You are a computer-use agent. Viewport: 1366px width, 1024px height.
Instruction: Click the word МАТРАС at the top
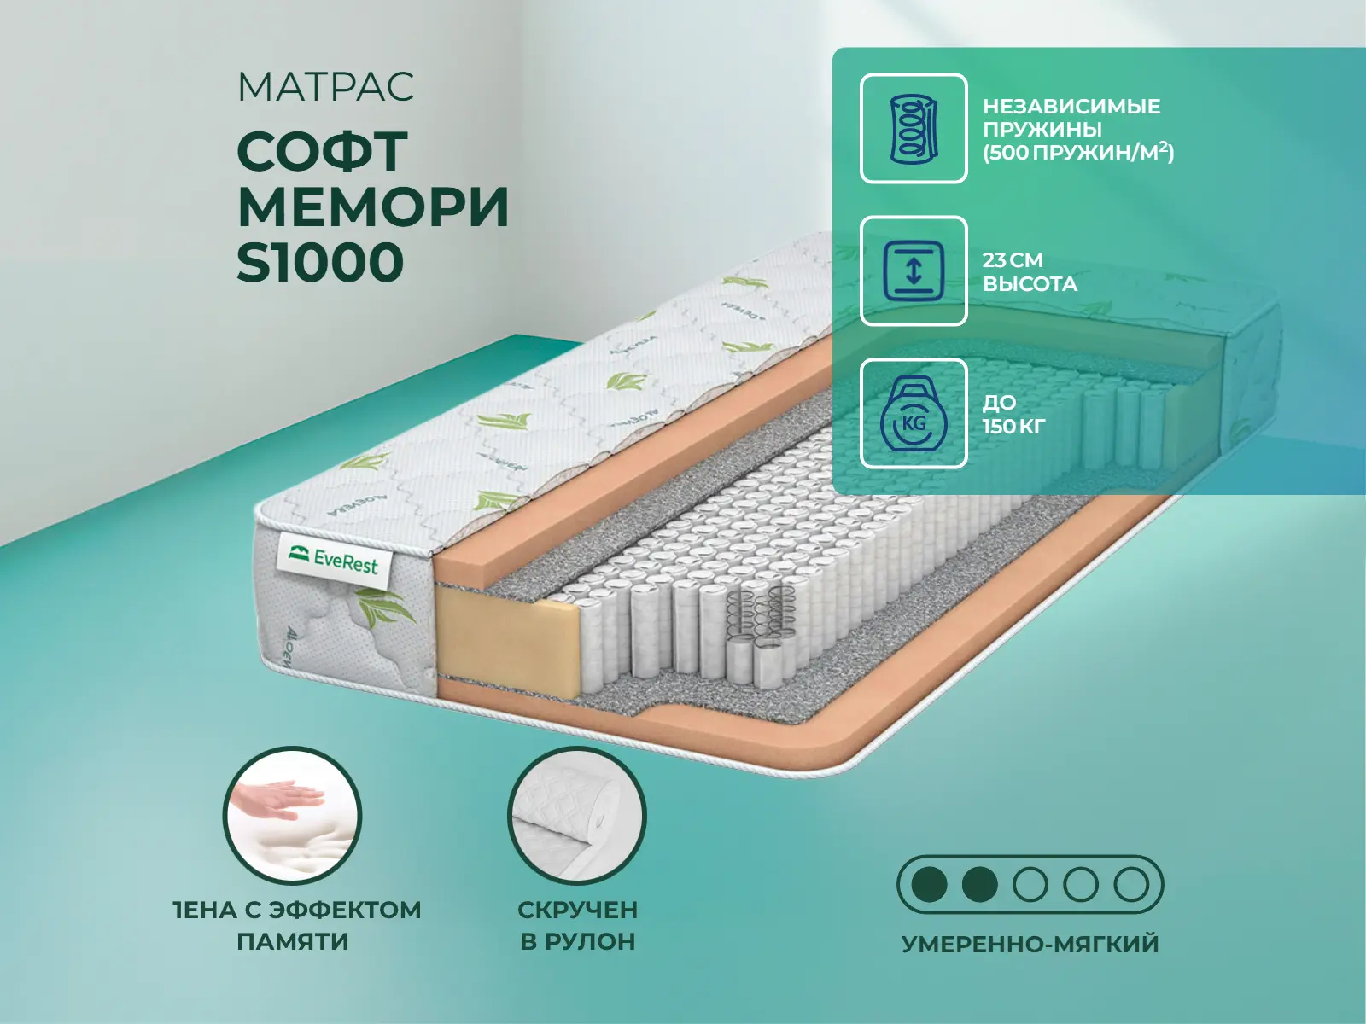pyautogui.click(x=325, y=86)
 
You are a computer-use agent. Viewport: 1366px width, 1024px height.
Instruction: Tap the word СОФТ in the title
pyautogui.click(x=323, y=152)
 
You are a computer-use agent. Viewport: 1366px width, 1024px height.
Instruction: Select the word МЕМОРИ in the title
pyautogui.click(x=373, y=207)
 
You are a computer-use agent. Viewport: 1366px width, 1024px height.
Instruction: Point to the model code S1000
pyautogui.click(x=320, y=262)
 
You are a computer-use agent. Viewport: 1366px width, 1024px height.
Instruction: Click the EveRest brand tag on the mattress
pyautogui.click(x=334, y=560)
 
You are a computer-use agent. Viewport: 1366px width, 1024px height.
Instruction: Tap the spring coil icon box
pyautogui.click(x=914, y=128)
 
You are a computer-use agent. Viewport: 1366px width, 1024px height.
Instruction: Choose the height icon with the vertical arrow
pyautogui.click(x=914, y=271)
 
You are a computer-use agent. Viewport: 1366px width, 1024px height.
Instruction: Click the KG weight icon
pyautogui.click(x=914, y=414)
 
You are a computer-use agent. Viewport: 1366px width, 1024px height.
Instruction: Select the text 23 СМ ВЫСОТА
pyautogui.click(x=1030, y=271)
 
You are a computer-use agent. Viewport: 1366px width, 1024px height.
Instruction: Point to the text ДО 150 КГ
pyautogui.click(x=1014, y=414)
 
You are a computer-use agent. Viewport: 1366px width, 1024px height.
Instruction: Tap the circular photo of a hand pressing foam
pyautogui.click(x=293, y=815)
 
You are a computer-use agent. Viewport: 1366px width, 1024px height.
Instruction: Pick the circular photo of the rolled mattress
pyautogui.click(x=577, y=815)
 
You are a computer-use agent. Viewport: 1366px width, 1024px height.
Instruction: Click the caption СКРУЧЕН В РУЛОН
pyautogui.click(x=577, y=926)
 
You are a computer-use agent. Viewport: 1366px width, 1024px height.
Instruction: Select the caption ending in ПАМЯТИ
pyautogui.click(x=297, y=926)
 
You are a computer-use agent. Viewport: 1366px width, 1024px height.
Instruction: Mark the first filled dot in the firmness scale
pyautogui.click(x=929, y=884)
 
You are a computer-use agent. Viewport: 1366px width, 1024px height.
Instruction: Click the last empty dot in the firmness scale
pyautogui.click(x=1130, y=884)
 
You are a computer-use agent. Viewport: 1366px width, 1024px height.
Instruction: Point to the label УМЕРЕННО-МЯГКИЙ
pyautogui.click(x=1030, y=944)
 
